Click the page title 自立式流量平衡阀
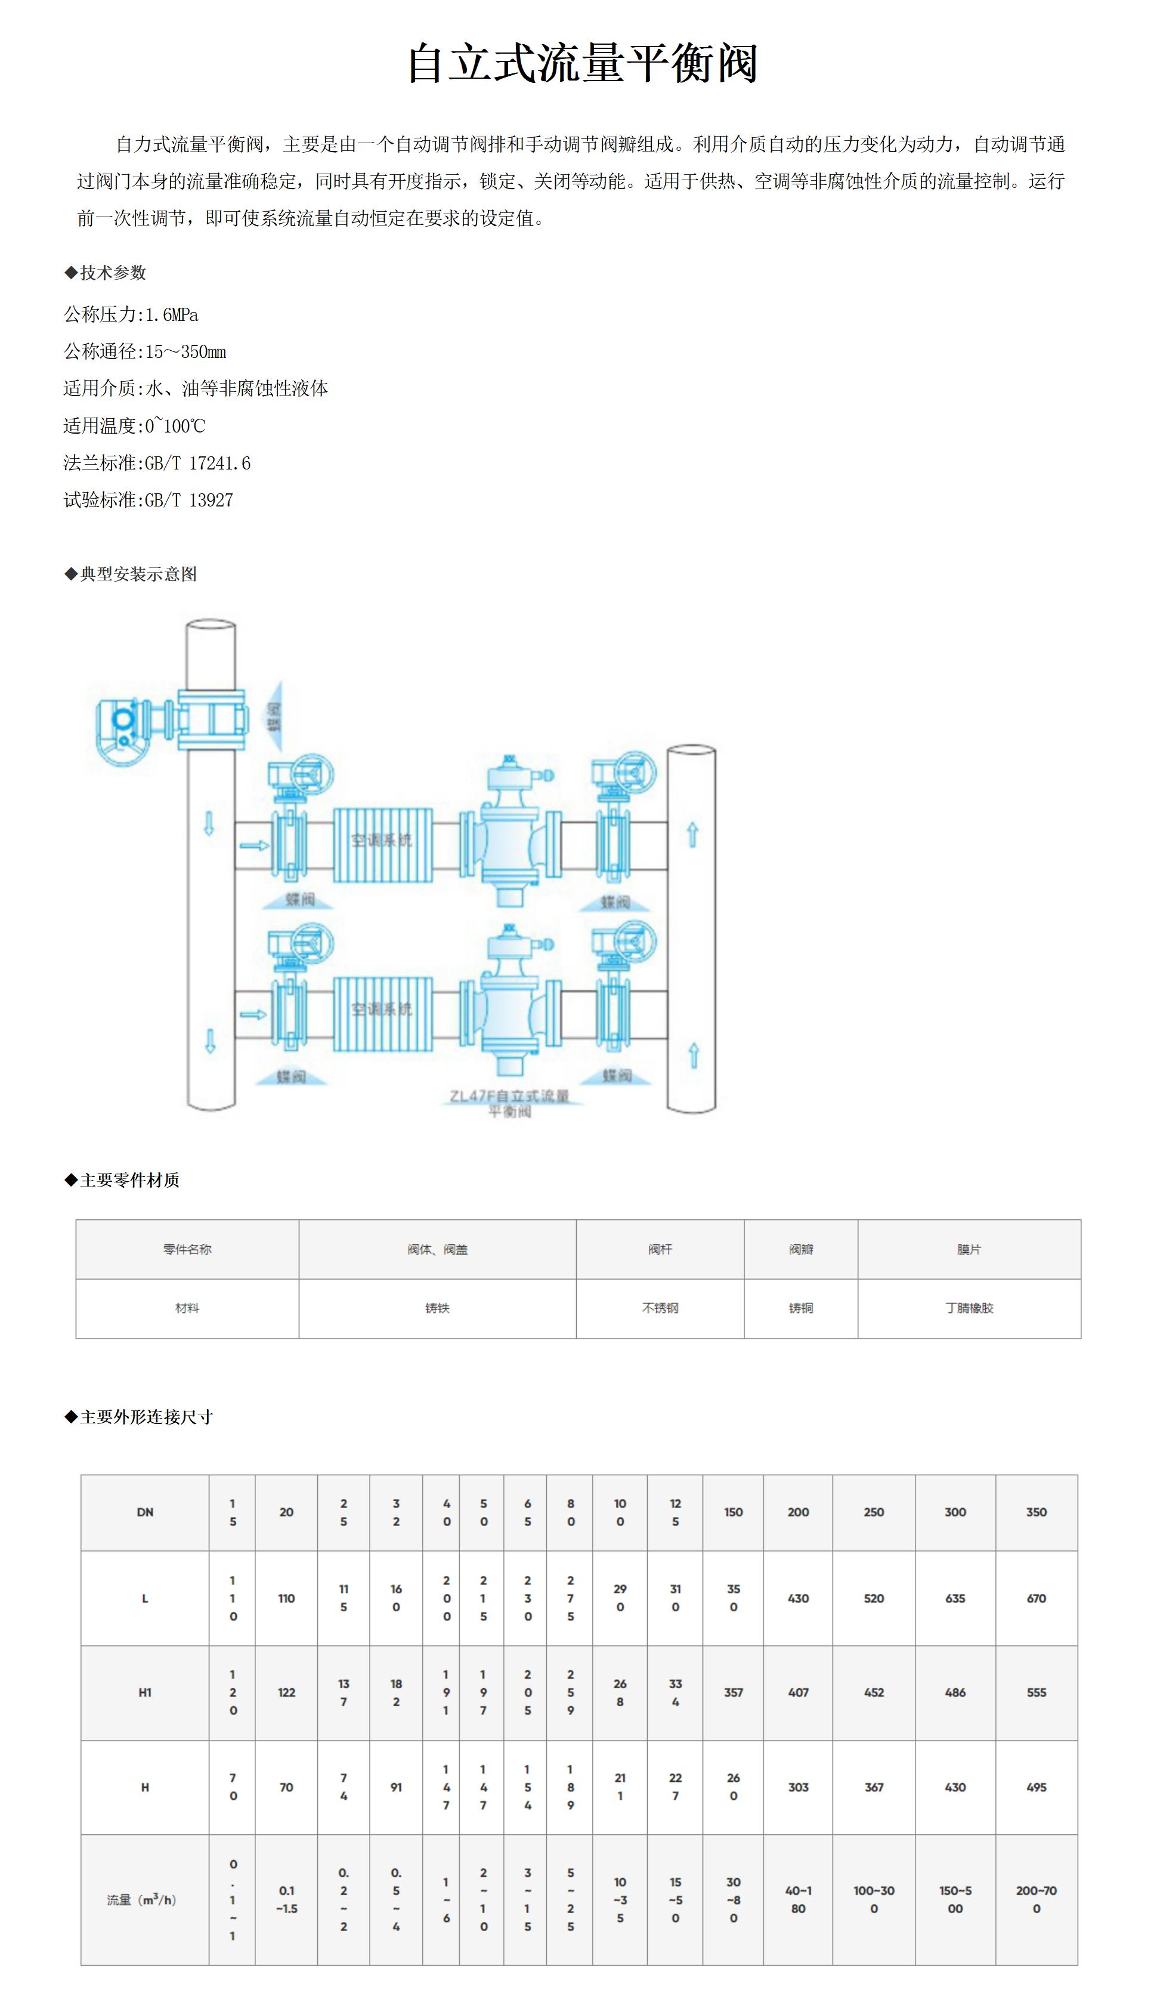[583, 64]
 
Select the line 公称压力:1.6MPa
[131, 314]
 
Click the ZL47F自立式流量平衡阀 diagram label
[509, 1103]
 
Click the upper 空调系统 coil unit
[382, 844]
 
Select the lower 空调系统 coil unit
[382, 1012]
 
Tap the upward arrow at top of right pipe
[692, 835]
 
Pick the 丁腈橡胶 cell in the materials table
[969, 1308]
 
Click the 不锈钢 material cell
[660, 1308]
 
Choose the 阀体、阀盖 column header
[437, 1249]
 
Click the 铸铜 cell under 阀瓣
[800, 1308]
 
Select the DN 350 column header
[1036, 1512]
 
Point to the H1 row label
[144, 1692]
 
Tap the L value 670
[1036, 1598]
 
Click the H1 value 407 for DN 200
[798, 1692]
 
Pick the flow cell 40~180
[798, 1899]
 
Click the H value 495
[1036, 1787]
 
